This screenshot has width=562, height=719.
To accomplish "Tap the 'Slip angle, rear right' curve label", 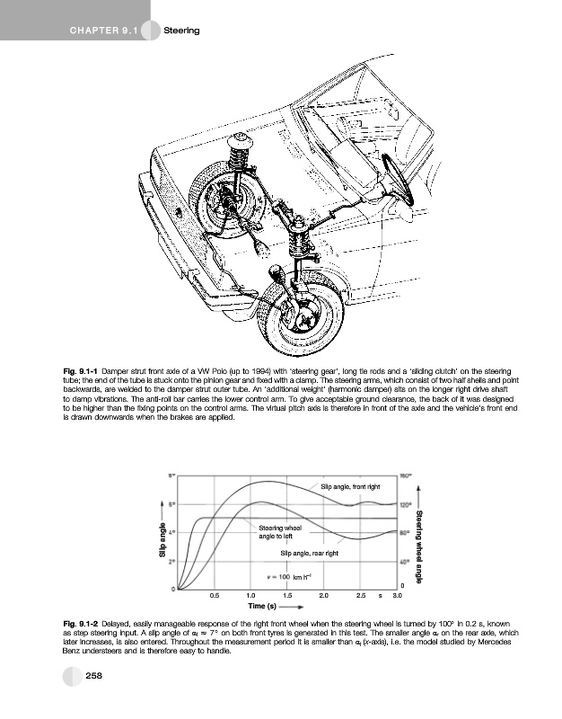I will coord(310,553).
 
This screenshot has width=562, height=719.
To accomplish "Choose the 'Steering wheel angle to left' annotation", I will coord(279,531).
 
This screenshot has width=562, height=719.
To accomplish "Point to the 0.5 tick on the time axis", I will coord(214,595).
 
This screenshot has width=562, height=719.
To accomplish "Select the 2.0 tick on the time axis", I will coord(324,595).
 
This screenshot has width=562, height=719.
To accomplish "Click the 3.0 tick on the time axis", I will coord(397,595).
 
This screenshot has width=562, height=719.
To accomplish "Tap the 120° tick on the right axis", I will coord(405,503).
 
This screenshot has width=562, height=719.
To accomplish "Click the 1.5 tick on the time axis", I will coord(287,595).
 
